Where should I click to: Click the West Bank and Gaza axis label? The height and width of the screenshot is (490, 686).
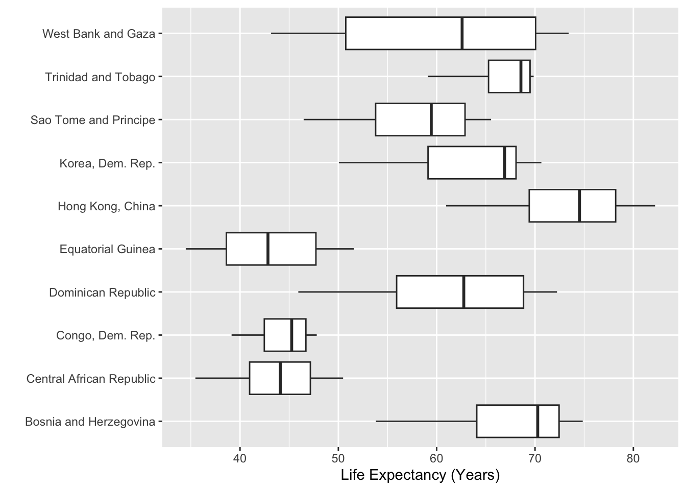99,34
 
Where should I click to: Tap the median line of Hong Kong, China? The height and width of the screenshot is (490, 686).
579,206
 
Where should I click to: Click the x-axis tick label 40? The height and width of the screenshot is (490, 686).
240,458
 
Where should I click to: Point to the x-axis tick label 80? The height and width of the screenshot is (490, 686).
633,458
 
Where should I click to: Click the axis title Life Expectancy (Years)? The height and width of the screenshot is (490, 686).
420,476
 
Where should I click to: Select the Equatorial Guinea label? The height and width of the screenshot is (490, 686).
107,250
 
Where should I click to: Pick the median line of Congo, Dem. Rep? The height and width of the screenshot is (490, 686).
291,335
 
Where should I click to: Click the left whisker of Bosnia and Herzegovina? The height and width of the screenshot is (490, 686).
426,422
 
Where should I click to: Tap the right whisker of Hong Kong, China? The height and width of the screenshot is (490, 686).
635,206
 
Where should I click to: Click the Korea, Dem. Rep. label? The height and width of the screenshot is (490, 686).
107,163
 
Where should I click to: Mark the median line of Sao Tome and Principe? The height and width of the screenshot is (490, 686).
431,119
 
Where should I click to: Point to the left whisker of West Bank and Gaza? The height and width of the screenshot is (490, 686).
308,33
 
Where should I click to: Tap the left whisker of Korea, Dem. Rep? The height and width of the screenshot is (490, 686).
383,163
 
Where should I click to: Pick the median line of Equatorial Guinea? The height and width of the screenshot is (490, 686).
268,249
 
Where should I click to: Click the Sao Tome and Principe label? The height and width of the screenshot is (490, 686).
93,120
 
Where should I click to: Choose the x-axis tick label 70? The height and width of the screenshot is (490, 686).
535,458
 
